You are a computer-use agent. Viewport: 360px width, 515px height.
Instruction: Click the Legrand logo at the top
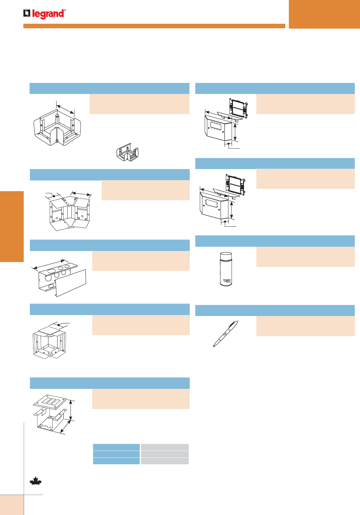coord(44,14)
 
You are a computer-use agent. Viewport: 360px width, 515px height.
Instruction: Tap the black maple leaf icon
coord(35,481)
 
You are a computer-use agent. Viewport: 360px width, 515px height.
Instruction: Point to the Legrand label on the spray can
coord(227,280)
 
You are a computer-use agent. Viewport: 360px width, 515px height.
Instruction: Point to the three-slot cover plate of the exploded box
coord(50,402)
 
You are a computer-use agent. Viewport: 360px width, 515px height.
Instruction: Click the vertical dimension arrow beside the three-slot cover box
coord(71,411)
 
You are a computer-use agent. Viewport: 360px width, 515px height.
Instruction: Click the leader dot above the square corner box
coord(58,324)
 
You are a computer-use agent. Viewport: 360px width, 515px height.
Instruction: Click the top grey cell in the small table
coord(164,447)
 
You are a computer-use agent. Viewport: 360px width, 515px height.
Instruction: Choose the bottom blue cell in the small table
coord(116,461)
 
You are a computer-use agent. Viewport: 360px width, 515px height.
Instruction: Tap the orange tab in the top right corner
coord(324,14)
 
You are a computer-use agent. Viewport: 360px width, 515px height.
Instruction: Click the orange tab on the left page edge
coord(12,226)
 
